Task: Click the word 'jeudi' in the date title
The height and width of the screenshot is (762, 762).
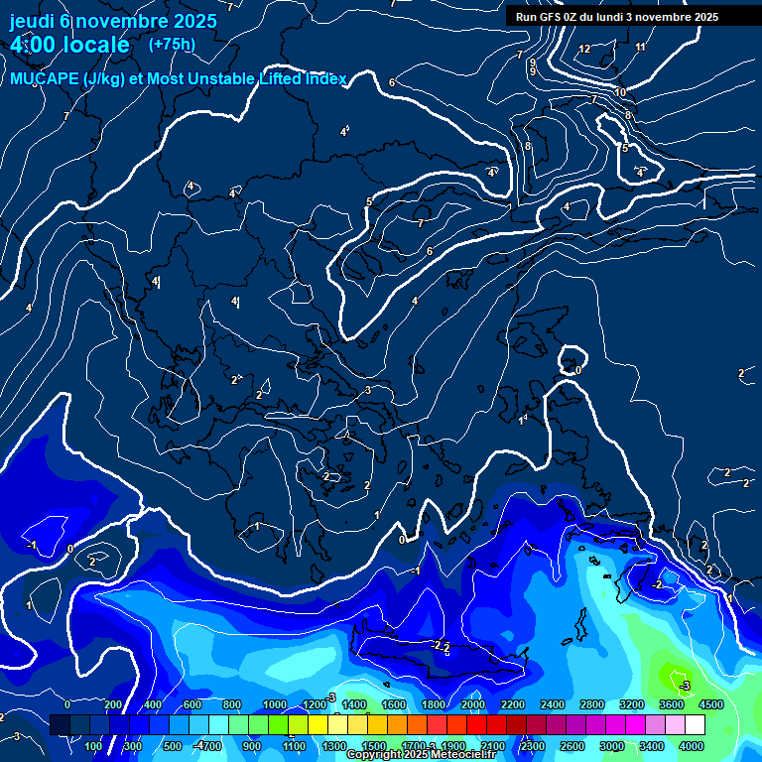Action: [33, 21]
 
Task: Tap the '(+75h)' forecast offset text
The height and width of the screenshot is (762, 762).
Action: [172, 44]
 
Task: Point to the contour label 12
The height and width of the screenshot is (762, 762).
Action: [584, 49]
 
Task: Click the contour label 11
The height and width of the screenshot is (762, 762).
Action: [640, 47]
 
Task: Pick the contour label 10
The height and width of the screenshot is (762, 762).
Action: [620, 92]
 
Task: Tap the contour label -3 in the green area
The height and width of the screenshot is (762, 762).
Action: [684, 685]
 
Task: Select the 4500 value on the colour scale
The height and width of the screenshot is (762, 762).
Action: [710, 704]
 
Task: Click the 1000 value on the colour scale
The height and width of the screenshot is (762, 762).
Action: [275, 704]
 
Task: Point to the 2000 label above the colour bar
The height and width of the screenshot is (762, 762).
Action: [473, 704]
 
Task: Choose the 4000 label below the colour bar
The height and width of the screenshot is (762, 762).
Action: [692, 746]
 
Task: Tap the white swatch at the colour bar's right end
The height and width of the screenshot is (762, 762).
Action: [722, 725]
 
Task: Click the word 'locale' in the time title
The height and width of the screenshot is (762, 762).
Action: [96, 45]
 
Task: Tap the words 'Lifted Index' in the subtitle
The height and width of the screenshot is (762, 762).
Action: [303, 79]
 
